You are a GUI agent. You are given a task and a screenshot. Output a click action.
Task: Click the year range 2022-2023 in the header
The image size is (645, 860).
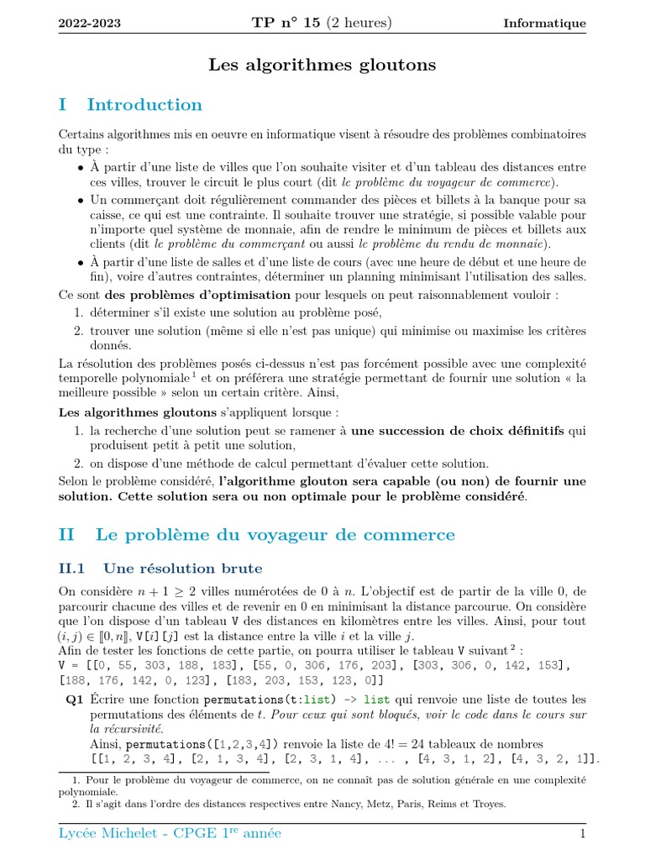90,24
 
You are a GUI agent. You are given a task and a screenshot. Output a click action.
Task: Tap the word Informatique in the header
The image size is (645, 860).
544,24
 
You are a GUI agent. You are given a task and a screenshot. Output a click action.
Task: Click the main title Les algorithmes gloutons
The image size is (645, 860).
322,64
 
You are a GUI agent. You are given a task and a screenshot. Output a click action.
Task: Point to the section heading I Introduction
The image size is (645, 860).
131,105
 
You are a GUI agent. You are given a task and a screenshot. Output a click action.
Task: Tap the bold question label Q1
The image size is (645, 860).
74,700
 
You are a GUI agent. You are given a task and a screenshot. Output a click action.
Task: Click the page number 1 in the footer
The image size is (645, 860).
582,833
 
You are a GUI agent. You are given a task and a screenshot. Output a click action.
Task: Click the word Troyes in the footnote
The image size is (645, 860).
488,804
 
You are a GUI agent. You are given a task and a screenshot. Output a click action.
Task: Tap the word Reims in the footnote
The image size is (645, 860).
440,804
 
